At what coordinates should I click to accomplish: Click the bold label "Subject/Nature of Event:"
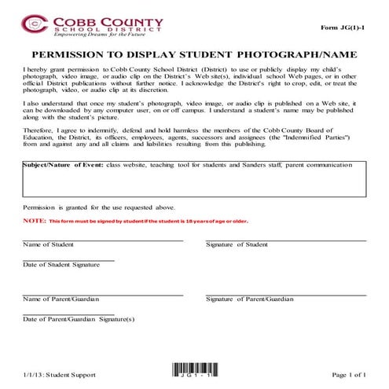pos(61,166)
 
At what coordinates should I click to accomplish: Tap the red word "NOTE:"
pos(34,222)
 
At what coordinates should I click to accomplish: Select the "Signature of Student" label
pos(237,245)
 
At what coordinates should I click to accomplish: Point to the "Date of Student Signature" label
pos(61,265)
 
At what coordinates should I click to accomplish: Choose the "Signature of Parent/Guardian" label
pos(249,299)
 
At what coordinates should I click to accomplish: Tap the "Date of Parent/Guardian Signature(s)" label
pos(79,319)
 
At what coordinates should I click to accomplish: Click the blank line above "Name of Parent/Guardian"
pos(102,294)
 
